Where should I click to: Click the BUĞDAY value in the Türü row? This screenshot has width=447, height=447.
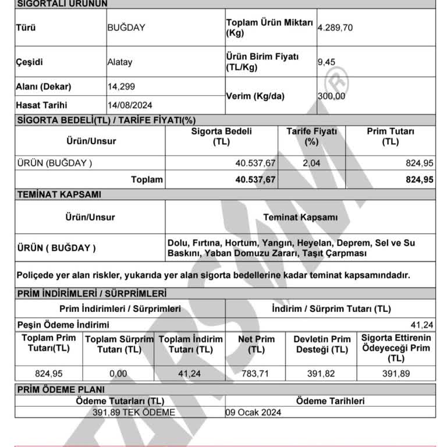click(x=126, y=27)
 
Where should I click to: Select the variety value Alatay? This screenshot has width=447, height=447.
click(x=120, y=62)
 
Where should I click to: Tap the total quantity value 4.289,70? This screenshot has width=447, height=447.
click(x=335, y=27)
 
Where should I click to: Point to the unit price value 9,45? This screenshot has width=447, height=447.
click(x=327, y=62)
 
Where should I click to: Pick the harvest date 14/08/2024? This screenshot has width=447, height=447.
click(x=130, y=105)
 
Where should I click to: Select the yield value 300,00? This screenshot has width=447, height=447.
click(x=331, y=96)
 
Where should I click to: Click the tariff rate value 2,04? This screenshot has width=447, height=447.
click(x=311, y=164)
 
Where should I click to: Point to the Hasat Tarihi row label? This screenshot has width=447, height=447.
click(x=42, y=105)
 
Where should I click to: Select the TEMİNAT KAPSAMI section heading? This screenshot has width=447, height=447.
click(x=59, y=194)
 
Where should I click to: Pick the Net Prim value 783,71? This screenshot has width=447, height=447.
click(x=256, y=374)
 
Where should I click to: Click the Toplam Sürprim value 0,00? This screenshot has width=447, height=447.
click(x=118, y=374)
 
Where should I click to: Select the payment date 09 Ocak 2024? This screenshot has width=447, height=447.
click(x=254, y=412)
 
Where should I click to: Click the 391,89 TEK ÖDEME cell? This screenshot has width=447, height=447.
click(x=133, y=412)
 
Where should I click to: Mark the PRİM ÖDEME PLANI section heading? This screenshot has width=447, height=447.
click(x=61, y=389)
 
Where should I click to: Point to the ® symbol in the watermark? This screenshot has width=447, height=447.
click(x=336, y=77)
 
